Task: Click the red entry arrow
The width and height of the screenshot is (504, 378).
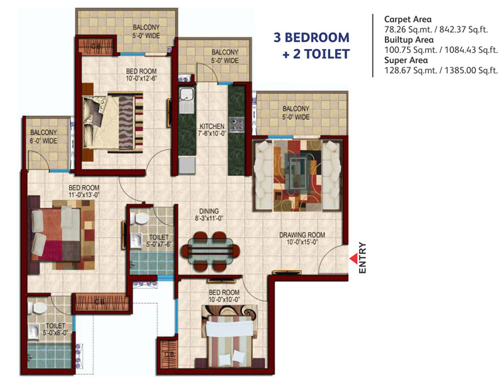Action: [x=354, y=258]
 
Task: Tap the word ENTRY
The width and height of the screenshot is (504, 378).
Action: [x=363, y=258]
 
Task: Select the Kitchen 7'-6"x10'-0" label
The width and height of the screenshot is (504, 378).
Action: [x=212, y=130]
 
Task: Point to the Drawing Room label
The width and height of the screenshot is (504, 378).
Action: [x=302, y=239]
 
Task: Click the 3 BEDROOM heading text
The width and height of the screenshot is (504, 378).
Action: [x=311, y=37]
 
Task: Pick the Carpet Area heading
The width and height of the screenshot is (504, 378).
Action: [x=408, y=20]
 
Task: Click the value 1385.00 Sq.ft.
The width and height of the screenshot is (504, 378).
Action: [x=471, y=71]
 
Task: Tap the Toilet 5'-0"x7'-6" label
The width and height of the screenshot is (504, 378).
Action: [x=159, y=241]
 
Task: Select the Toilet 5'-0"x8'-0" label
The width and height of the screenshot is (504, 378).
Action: [x=55, y=329]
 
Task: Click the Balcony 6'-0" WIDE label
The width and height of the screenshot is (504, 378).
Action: [x=43, y=137]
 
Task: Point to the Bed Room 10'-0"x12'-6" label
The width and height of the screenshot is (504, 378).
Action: [x=141, y=74]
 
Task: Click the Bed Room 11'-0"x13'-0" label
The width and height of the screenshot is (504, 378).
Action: [x=84, y=191]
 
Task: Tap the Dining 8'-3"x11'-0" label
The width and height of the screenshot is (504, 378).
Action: [x=209, y=215]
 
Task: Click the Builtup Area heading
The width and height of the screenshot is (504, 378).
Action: [x=409, y=40]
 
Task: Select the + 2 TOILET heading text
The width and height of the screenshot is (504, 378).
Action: [x=316, y=54]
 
